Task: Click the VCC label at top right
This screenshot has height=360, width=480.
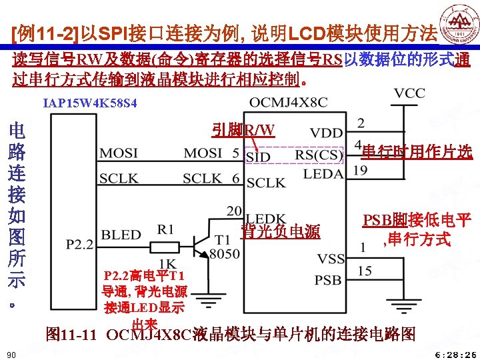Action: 410,94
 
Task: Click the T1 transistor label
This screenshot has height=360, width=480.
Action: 223,240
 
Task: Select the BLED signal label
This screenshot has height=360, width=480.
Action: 121,235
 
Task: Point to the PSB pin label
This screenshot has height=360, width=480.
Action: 328,279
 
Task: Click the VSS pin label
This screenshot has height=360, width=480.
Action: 330,258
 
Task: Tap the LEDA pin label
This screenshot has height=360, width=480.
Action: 323,173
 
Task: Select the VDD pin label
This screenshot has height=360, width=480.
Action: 327,134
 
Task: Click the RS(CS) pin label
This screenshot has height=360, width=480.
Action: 319,155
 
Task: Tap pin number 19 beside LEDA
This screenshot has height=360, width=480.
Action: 361,171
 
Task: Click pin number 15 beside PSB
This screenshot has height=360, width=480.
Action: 364,271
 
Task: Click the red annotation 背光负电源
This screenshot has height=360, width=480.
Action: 281,232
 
